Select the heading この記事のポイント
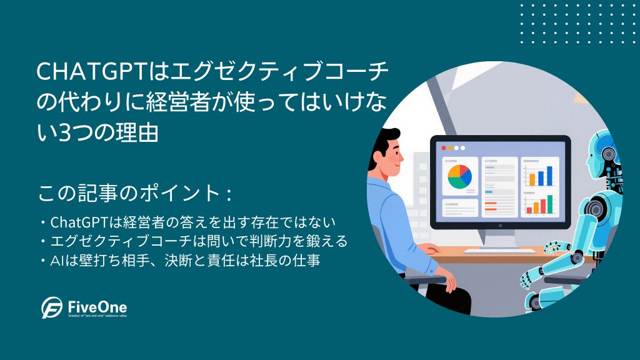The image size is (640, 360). (135, 193)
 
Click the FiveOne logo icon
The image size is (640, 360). (52, 307)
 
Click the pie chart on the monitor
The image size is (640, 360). (459, 177)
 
